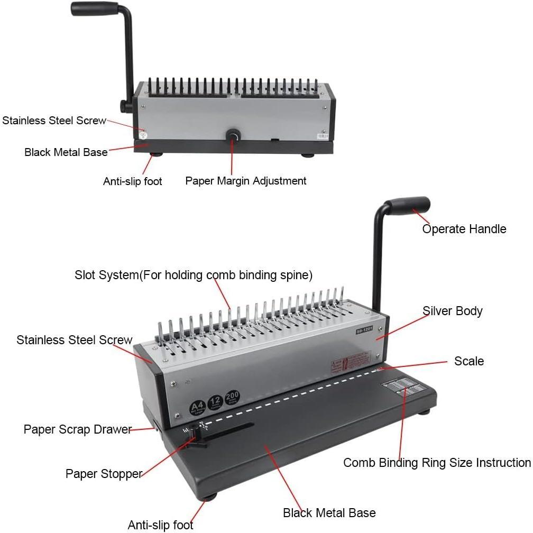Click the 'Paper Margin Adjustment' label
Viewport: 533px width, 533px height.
pos(245,181)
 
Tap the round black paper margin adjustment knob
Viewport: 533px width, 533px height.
pos(232,136)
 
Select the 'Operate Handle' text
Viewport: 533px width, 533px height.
pos(464,229)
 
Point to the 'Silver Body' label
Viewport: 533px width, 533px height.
pos(452,311)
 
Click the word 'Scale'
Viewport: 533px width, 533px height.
pos(468,361)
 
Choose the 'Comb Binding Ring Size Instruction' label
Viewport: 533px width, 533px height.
pos(437,463)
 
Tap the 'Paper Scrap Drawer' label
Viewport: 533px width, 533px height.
pos(77,429)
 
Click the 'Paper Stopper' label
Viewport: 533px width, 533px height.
pos(104,473)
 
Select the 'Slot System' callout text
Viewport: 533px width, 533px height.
pos(194,275)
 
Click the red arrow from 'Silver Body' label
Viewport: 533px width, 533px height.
pos(402,325)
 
